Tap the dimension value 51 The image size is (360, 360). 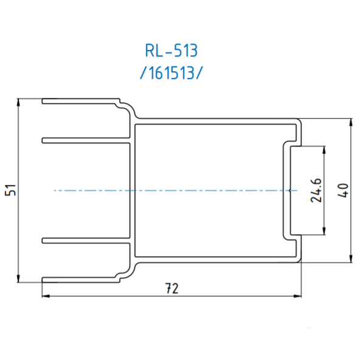[10, 190]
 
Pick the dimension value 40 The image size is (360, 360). [344, 191]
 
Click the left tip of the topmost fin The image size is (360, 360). [43, 101]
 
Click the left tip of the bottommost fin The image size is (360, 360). [43, 280]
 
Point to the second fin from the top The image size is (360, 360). [85, 141]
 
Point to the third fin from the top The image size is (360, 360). [85, 241]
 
